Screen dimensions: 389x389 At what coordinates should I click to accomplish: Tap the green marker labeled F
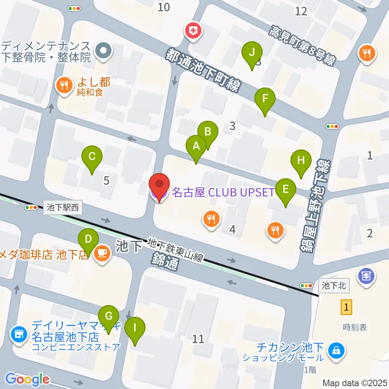[265, 99]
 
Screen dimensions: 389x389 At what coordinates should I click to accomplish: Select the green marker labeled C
[92, 156]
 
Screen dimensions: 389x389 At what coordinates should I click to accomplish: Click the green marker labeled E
[286, 190]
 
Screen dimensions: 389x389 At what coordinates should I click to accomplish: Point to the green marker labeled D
[88, 239]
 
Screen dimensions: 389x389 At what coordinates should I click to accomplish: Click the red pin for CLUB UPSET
[159, 185]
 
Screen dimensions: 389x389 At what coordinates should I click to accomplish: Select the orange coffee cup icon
[101, 254]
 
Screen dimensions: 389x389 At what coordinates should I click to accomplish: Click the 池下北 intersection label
[334, 286]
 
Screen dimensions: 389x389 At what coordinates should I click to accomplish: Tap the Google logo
[27, 379]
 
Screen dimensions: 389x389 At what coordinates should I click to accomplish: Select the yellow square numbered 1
[346, 307]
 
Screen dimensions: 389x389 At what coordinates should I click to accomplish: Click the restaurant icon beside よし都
[64, 86]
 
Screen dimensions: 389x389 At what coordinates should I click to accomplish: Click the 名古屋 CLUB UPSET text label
[223, 192]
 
